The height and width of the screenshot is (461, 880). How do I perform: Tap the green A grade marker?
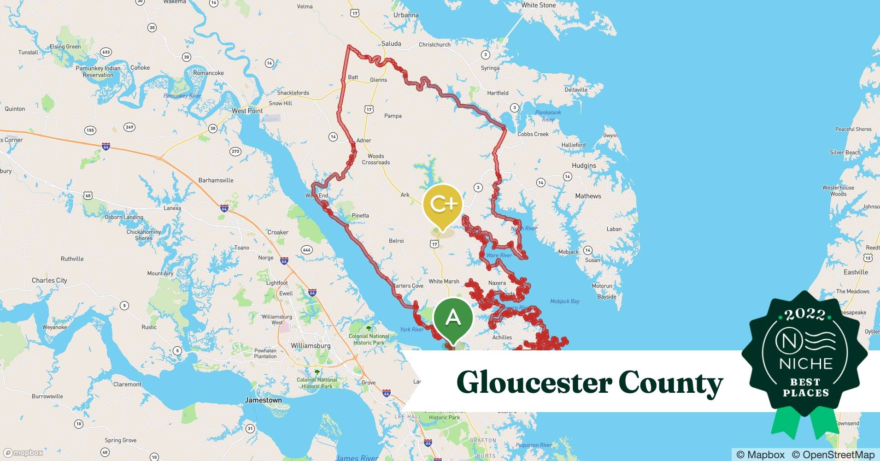pyautogui.click(x=453, y=319)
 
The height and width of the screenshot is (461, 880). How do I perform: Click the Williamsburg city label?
pyautogui.click(x=311, y=346)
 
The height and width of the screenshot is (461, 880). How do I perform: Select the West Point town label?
pyautogui.click(x=247, y=111)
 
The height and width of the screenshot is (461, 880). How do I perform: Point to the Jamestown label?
pyautogui.click(x=263, y=400)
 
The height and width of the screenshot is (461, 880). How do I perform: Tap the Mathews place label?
pyautogui.click(x=588, y=196)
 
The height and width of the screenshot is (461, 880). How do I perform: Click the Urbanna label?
pyautogui.click(x=406, y=15)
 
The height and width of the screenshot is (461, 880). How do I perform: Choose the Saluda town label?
pyautogui.click(x=391, y=44)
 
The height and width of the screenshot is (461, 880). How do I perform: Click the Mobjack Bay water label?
pyautogui.click(x=564, y=301)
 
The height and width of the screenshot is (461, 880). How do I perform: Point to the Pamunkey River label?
pyautogui.click(x=182, y=96)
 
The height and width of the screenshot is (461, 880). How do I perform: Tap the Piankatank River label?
pyautogui.click(x=548, y=116)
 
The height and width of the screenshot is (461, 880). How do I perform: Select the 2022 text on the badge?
pyautogui.click(x=805, y=315)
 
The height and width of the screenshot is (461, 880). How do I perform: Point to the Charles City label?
pyautogui.click(x=49, y=280)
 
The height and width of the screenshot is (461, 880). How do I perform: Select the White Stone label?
pyautogui.click(x=538, y=5)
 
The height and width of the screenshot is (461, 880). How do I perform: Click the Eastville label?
pyautogui.click(x=856, y=272)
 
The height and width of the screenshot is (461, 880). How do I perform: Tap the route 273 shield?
pyautogui.click(x=235, y=151)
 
